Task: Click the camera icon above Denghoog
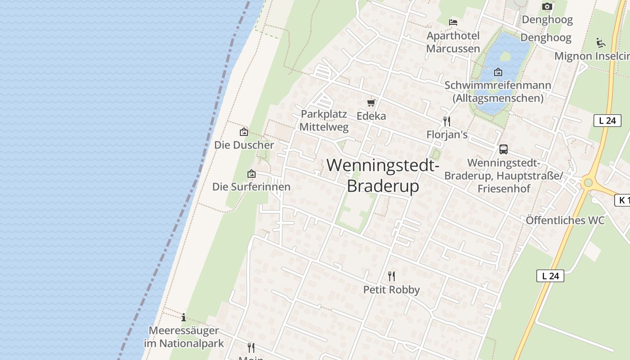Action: coord(547,6)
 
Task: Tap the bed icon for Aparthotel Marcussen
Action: coord(453,22)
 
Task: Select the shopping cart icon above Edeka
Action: coord(371,103)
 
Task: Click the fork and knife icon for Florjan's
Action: coord(447,121)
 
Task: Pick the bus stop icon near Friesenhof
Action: coord(504,149)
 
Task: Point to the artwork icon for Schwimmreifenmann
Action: coord(498,72)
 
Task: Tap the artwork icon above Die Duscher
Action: coord(244,132)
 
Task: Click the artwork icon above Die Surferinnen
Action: coord(252,174)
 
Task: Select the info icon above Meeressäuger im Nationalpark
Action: coord(184,317)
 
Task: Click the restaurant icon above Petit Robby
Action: coord(391,276)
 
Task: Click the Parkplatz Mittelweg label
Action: coord(324,120)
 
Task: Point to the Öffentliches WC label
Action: coord(565,220)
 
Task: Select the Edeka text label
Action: coord(371,116)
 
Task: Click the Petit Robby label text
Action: coord(391,289)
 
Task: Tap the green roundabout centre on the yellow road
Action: coord(587,183)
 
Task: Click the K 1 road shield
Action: coord(622,200)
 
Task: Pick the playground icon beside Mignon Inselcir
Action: coord(601,43)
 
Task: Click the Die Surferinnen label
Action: coord(252,186)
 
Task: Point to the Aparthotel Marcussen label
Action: coord(453,42)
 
